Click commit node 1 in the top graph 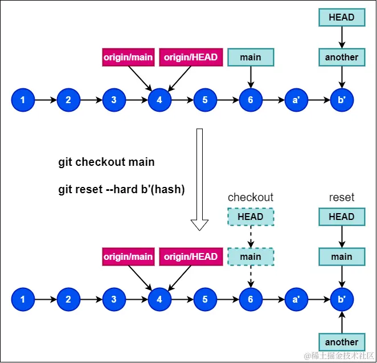(23, 100)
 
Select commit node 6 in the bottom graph (251, 299)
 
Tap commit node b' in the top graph (342, 100)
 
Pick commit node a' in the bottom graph (296, 299)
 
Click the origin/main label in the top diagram (128, 57)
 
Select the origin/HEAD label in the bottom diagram (191, 256)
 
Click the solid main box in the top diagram (251, 57)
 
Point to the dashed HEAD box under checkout (251, 217)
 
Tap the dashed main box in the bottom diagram (251, 256)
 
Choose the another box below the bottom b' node (342, 342)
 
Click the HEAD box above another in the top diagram (342, 17)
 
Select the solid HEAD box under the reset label (342, 217)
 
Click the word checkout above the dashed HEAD (251, 197)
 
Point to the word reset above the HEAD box (342, 197)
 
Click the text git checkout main (106, 162)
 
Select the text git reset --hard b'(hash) (121, 190)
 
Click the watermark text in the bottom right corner (339, 356)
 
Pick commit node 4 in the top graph (159, 100)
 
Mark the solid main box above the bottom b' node (342, 256)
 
